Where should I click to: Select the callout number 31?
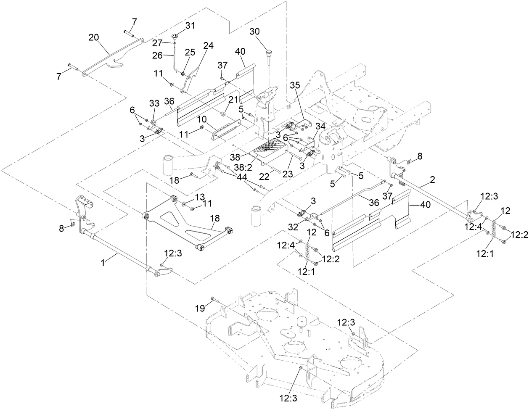click(190, 26)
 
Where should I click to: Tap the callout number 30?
click(255, 32)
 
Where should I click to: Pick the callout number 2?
click(433, 179)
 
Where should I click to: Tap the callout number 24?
click(209, 46)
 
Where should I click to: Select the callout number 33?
click(154, 103)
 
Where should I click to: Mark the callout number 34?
click(320, 127)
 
